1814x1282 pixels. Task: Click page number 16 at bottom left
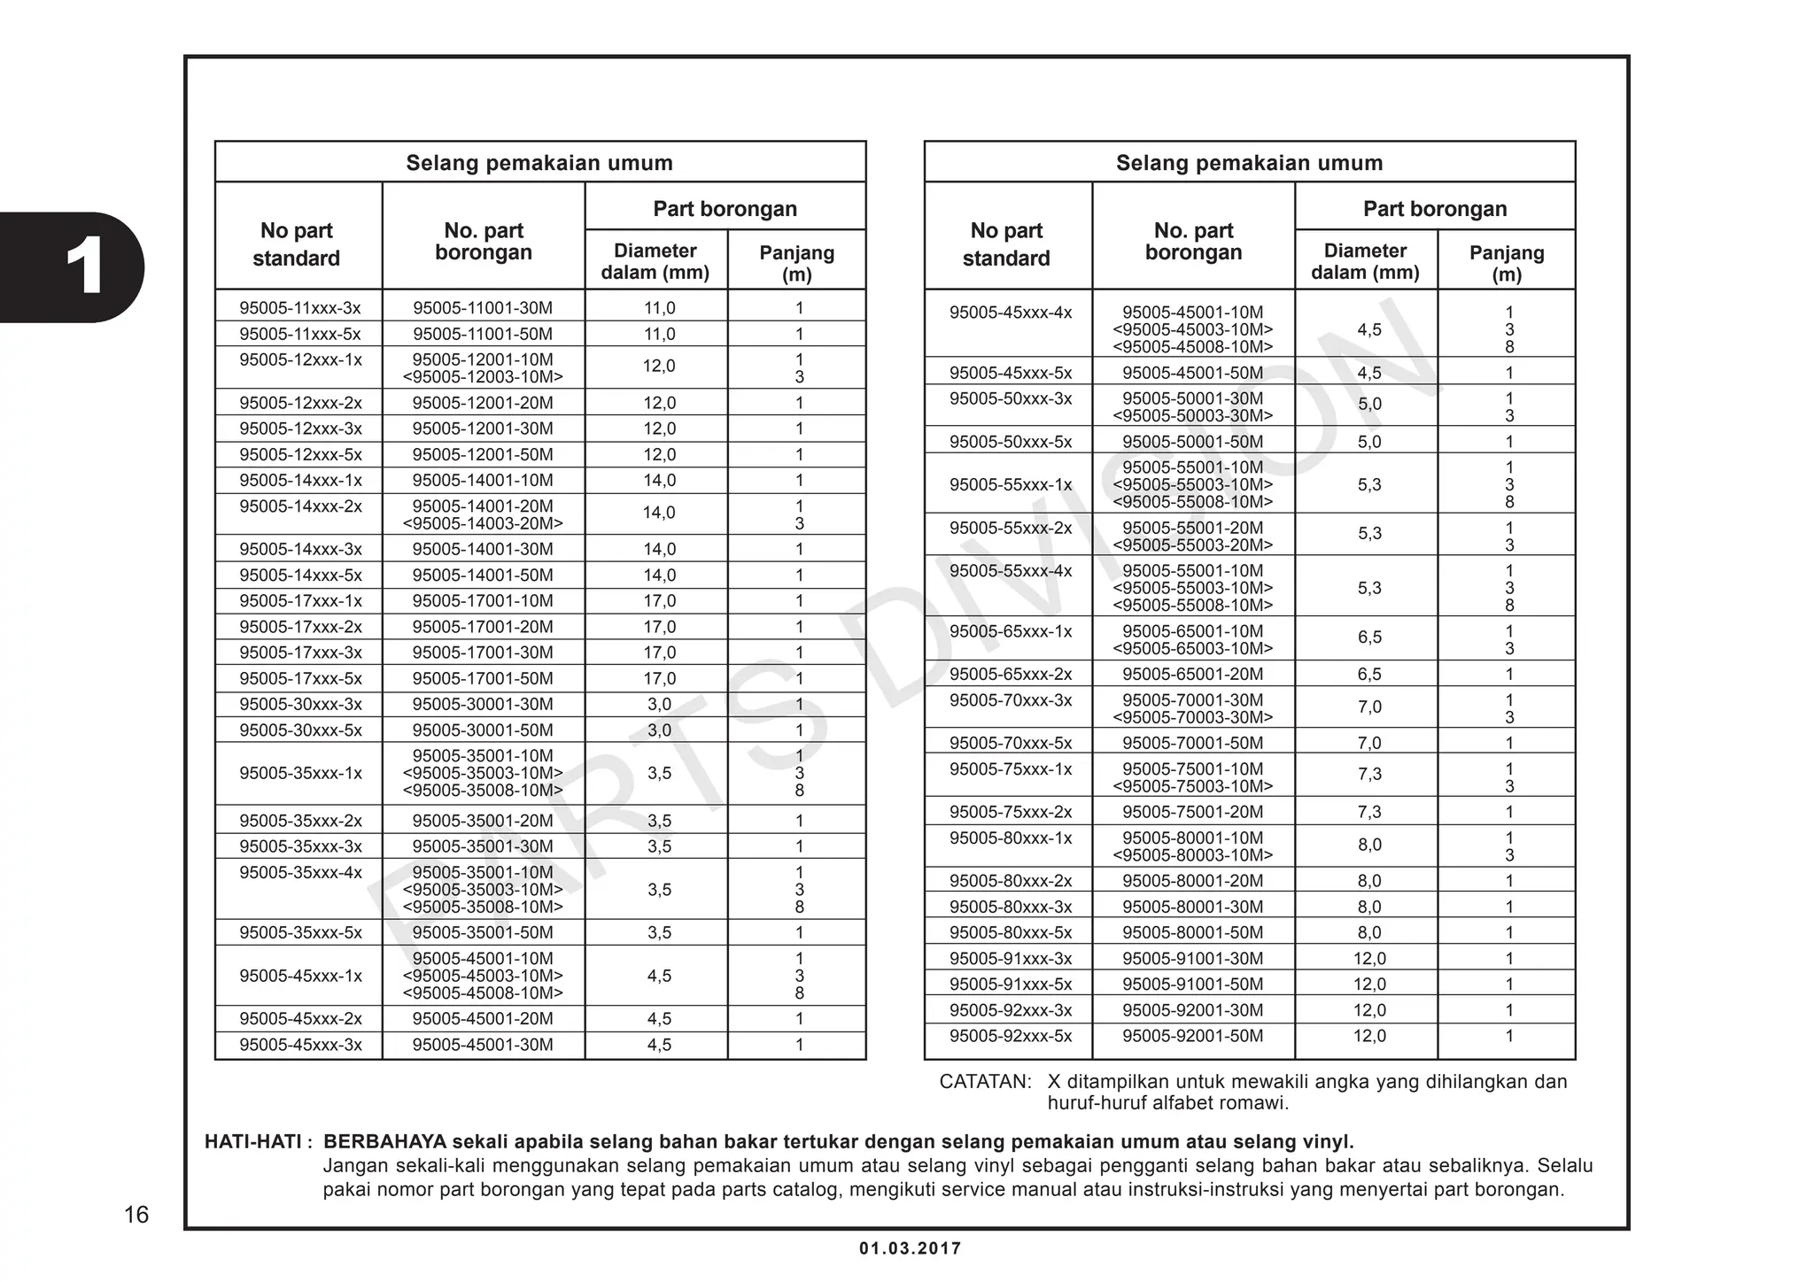136,1215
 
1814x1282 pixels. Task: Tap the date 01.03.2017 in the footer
910,1248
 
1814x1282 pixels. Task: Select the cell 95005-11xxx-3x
299,308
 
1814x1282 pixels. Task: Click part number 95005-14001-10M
483,480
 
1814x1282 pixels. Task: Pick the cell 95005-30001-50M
483,730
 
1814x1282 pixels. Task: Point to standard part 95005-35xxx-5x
299,932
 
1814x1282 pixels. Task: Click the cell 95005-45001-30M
483,1045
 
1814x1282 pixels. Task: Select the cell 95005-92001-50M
1192,1036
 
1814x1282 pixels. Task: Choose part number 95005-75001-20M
1192,812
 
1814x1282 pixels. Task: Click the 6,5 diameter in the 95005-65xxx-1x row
1368,637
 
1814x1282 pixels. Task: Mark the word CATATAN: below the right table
985,1082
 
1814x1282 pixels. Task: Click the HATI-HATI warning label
257,1142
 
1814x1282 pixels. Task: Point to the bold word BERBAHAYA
385,1142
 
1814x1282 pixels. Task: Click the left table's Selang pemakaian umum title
539,163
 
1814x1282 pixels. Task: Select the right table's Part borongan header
1434,209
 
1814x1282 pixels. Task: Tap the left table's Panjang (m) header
796,263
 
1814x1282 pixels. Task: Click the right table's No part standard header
1006,244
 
